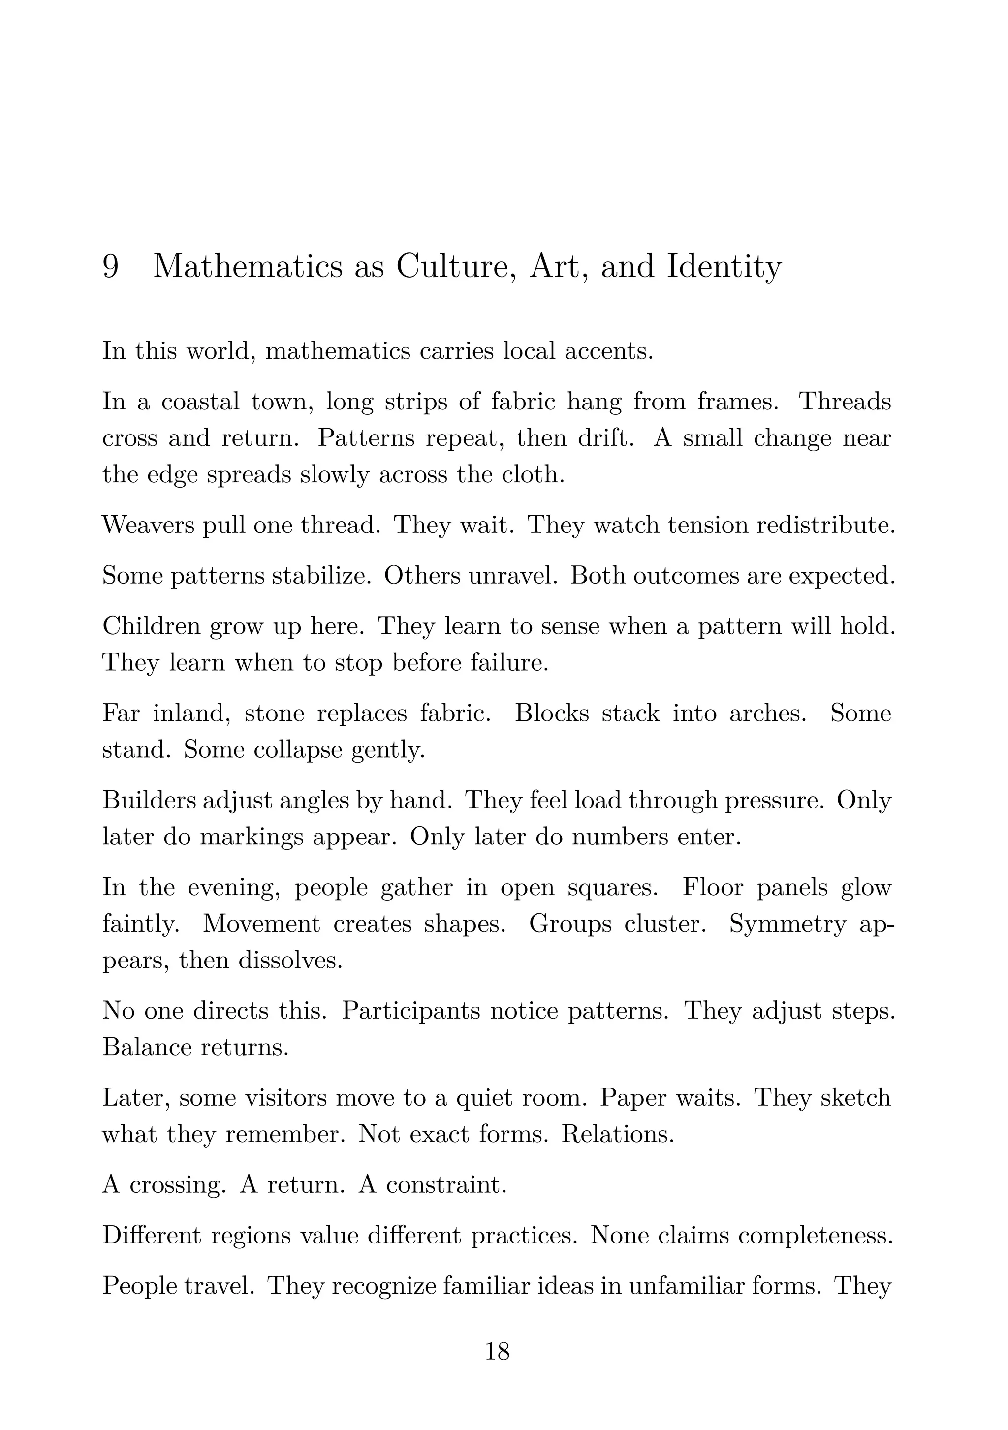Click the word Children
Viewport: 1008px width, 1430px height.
pos(152,626)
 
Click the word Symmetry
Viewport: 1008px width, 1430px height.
pos(787,924)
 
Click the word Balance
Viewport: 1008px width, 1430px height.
pos(146,1047)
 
